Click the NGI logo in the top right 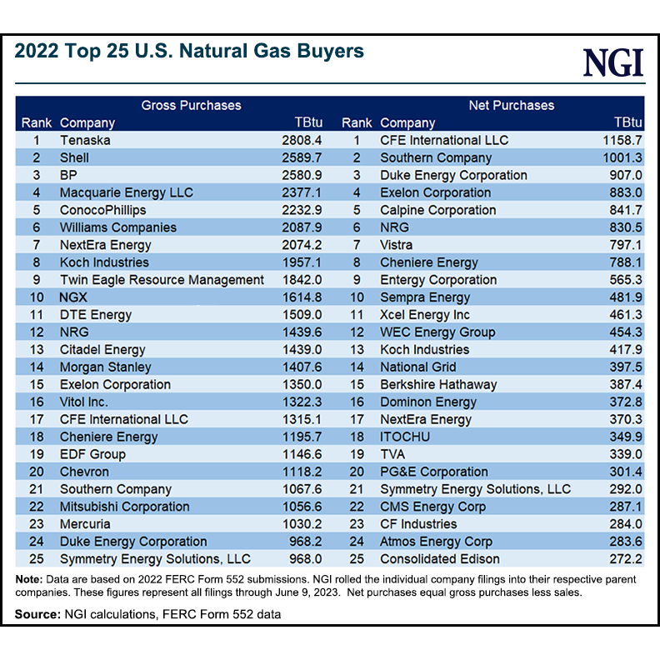[x=613, y=63]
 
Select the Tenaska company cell [x=85, y=140]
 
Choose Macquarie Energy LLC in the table [x=126, y=192]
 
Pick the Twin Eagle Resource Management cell [x=162, y=280]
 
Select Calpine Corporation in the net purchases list [x=437, y=210]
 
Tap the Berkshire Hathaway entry [x=437, y=385]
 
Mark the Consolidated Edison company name [x=439, y=559]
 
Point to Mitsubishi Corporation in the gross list [x=124, y=507]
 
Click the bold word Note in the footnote [x=31, y=579]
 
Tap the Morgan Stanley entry [x=105, y=367]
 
